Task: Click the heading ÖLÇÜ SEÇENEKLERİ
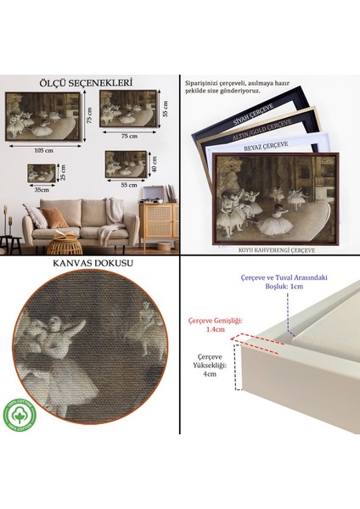coord(90,83)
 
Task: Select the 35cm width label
coord(42,191)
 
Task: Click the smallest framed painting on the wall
coord(42,173)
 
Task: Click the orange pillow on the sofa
coord(56,219)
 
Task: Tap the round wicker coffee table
coord(63,247)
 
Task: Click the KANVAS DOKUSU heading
coord(90,263)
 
